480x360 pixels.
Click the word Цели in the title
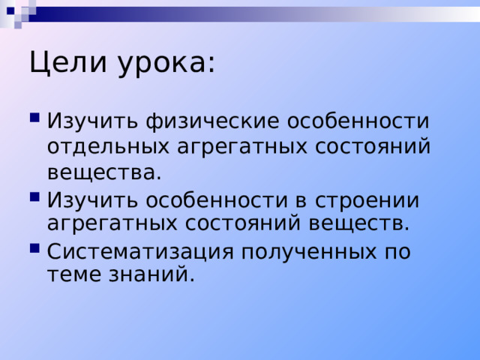pyautogui.click(x=68, y=63)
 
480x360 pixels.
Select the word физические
pyautogui.click(x=213, y=122)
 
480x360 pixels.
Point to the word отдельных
pyautogui.click(x=108, y=147)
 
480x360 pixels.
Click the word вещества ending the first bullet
pyautogui.click(x=104, y=173)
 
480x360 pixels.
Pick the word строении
pyautogui.click(x=367, y=201)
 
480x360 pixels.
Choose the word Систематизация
pyautogui.click(x=140, y=253)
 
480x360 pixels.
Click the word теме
pyautogui.click(x=74, y=274)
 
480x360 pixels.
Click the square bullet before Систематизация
pyautogui.click(x=35, y=247)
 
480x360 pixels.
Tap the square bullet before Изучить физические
pyautogui.click(x=35, y=118)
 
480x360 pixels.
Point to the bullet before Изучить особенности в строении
pyautogui.click(x=35, y=196)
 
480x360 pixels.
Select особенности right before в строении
pyautogui.click(x=217, y=200)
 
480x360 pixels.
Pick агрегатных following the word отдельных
pyautogui.click(x=241, y=147)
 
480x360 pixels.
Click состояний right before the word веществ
pyautogui.click(x=242, y=223)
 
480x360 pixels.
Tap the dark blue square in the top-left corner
pyautogui.click(x=10, y=11)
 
